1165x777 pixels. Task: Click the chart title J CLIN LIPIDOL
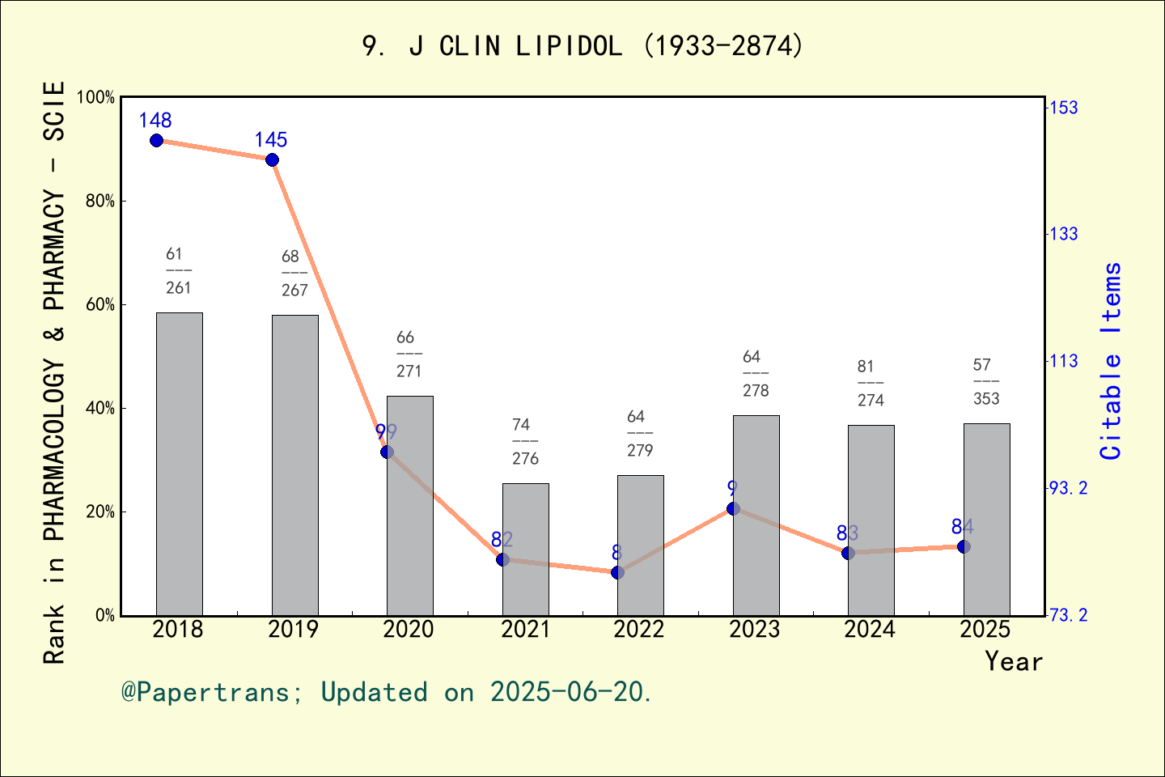pos(582,46)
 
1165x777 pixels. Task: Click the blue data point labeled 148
pos(157,141)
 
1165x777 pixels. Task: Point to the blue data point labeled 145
pos(273,160)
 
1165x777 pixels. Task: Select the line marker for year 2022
pos(617,573)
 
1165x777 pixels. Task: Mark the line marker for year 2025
pos(964,547)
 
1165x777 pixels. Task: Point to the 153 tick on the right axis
pos(1063,108)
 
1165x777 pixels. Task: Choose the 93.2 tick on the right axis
pos(1067,488)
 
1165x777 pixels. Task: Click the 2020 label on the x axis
pos(409,630)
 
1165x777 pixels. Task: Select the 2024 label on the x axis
pos(870,630)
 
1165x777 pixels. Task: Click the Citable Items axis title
pos(1111,361)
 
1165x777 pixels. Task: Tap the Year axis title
pos(1013,662)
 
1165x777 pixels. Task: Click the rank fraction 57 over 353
pos(986,382)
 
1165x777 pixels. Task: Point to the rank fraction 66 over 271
pos(409,355)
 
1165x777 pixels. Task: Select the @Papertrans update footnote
pos(387,693)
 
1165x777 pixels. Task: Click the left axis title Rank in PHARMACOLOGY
pos(54,372)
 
